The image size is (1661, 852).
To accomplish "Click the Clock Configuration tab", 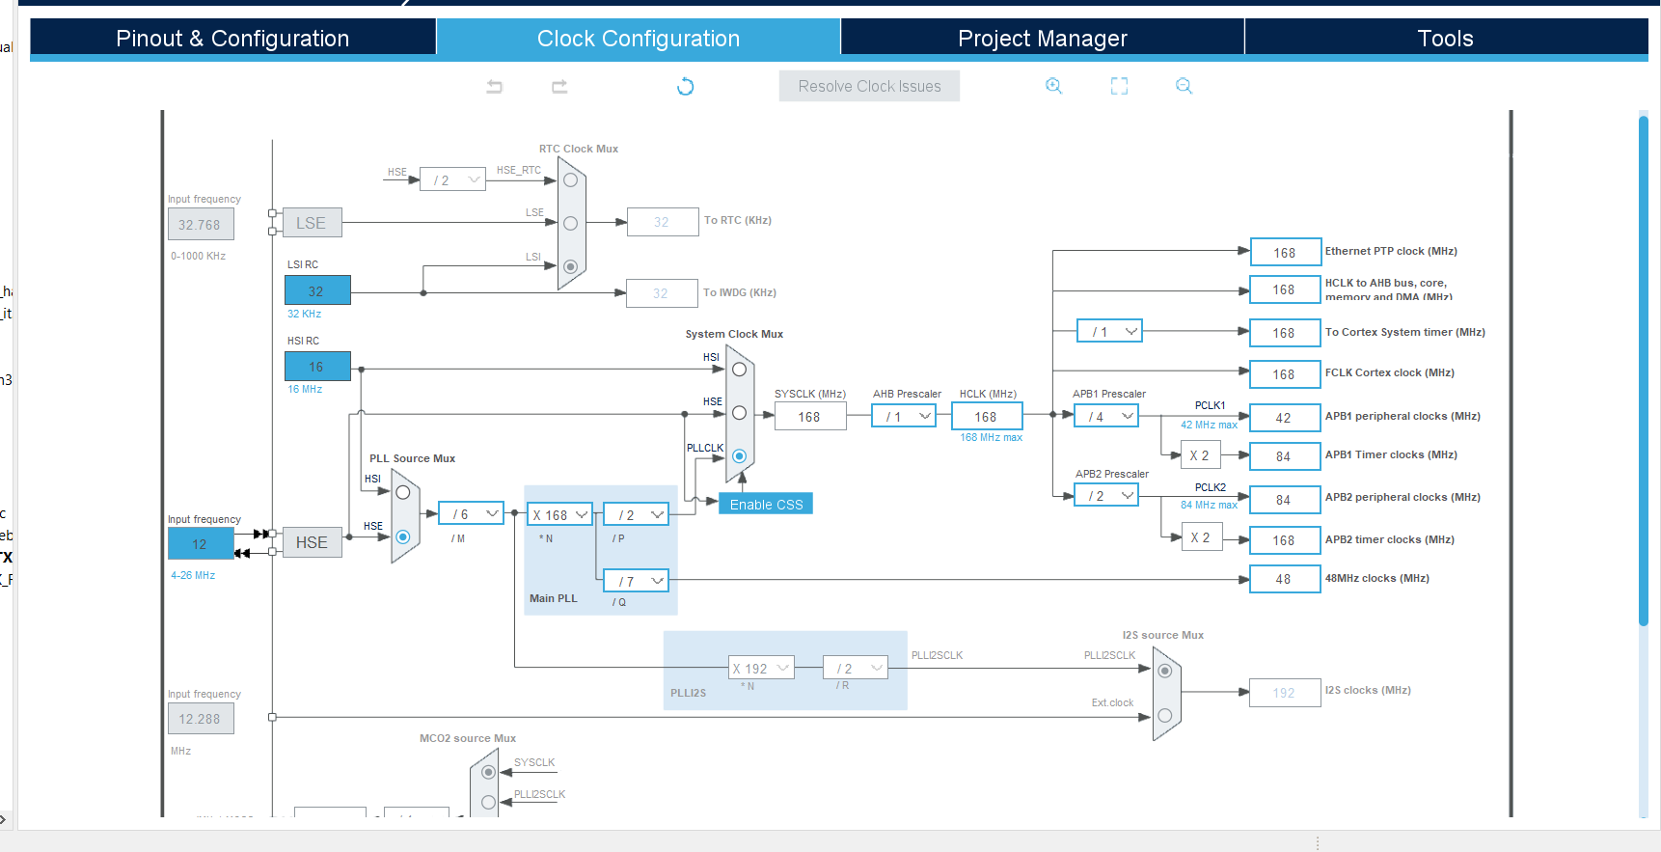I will (x=638, y=39).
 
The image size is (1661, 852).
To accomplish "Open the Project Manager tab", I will (x=1042, y=39).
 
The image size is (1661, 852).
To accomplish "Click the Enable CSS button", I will (x=766, y=504).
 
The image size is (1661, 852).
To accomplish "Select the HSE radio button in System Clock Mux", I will (x=740, y=413).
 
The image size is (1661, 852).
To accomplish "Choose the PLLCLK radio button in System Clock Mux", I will (x=740, y=455).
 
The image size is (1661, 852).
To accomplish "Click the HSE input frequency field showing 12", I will (x=200, y=544).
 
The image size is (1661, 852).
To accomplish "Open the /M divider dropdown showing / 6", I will (x=471, y=514).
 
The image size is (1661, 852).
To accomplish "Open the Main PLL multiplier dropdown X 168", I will (x=559, y=515).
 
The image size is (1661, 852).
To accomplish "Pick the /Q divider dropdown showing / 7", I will (x=636, y=581).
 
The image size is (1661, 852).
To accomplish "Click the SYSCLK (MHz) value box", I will (x=809, y=417).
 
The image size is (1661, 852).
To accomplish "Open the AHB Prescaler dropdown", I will (x=903, y=417).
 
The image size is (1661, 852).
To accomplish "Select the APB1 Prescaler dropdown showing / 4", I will (x=1106, y=417).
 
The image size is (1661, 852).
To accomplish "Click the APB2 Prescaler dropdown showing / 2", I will (x=1106, y=496).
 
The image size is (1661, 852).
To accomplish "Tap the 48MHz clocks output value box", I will (x=1284, y=579).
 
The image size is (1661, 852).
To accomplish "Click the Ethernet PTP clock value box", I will (x=1284, y=253).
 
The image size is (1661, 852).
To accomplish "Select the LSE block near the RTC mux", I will (x=312, y=223).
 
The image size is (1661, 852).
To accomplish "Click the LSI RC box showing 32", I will (x=316, y=290).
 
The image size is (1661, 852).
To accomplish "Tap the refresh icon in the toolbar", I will (x=686, y=87).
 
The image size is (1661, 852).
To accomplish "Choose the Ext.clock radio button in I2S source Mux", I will (x=1165, y=715).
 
